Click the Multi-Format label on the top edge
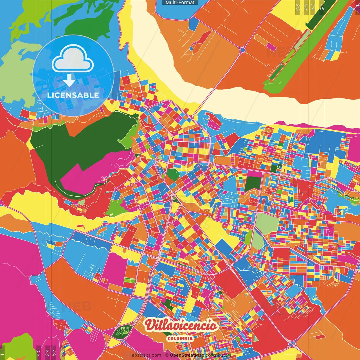pos(180,3)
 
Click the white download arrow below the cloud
pos(69,80)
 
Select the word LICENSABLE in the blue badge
pos(73,95)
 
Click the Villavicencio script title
pos(181,326)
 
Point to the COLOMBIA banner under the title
pos(180,338)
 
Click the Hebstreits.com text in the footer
pos(145,355)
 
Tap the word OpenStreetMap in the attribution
pos(187,355)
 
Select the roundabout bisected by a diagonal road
pos(292,343)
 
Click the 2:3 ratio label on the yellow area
pos(297,7)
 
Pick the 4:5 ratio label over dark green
pos(322,7)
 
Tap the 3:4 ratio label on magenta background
pos(47,352)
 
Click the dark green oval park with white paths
pos(122,332)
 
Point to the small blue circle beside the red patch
pos(191,49)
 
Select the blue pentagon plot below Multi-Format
pos(193,24)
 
